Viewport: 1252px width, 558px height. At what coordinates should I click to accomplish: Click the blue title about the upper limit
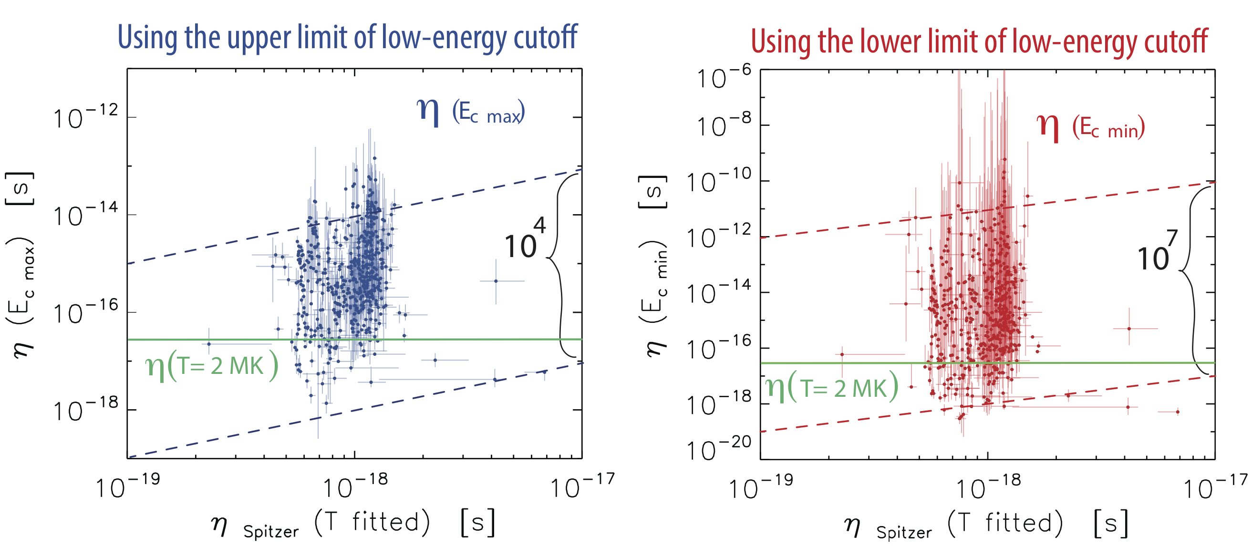347,38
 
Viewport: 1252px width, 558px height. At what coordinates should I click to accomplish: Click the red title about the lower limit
979,42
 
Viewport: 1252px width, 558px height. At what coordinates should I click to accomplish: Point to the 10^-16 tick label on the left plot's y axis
85,312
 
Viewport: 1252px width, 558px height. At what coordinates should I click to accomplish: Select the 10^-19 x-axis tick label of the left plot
127,486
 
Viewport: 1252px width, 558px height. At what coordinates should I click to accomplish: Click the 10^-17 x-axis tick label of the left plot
582,486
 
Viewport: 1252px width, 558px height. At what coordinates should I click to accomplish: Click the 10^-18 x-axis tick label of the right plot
988,487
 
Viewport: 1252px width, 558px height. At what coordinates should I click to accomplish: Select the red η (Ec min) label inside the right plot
1090,127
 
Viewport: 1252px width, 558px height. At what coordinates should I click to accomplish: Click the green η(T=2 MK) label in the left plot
212,366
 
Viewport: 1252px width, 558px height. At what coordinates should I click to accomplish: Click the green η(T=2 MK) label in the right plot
832,387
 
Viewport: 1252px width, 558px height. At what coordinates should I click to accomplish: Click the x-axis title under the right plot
986,525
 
